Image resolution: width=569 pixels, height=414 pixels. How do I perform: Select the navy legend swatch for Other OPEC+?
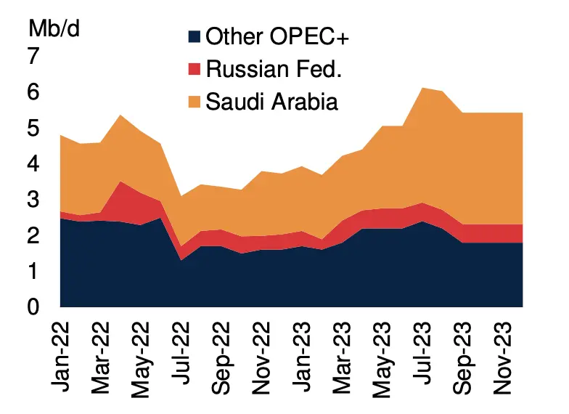(194, 36)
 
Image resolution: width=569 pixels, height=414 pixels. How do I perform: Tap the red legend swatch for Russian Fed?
(194, 69)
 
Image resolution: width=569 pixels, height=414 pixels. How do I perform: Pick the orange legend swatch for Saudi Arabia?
(194, 102)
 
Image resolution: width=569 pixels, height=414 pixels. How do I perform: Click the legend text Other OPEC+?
(278, 36)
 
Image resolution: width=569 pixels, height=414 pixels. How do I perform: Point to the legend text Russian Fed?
(274, 69)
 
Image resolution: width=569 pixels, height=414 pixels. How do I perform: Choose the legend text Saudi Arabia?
(272, 102)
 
